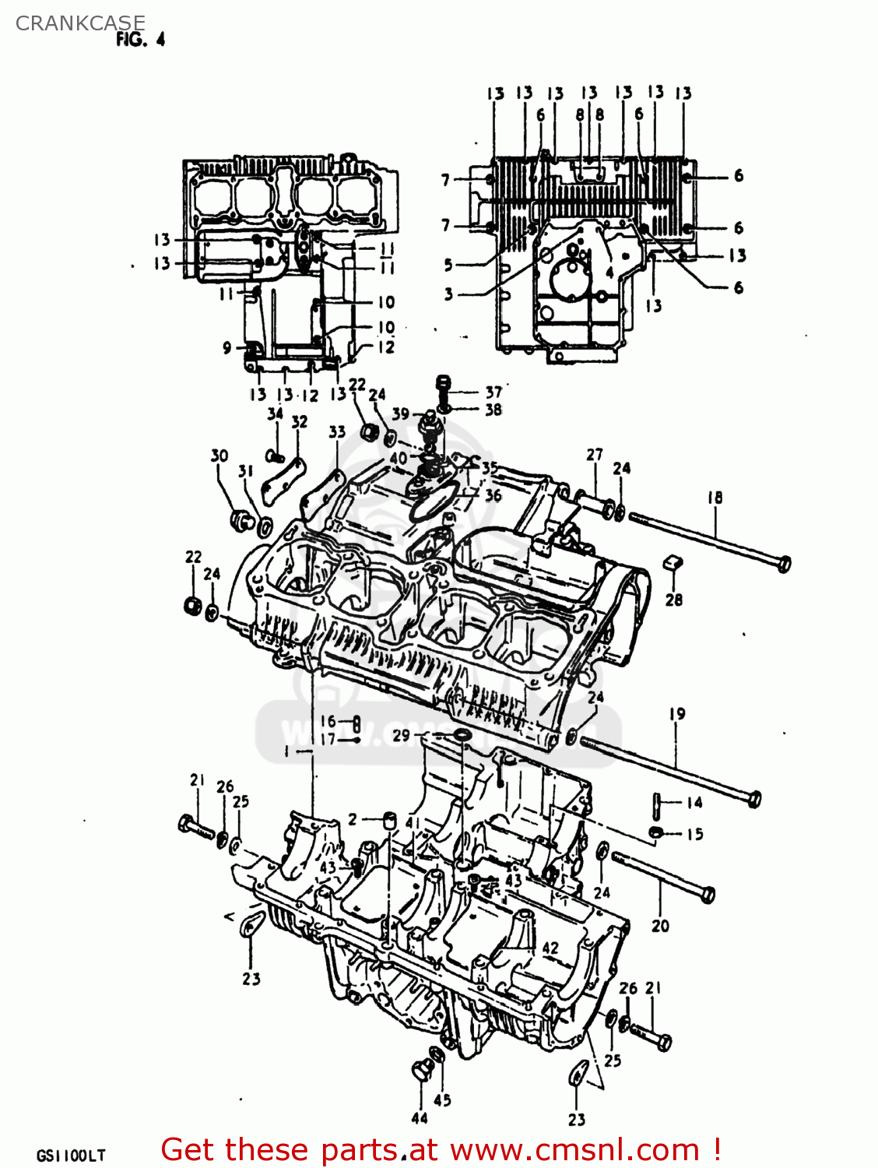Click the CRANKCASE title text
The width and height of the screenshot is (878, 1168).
tap(80, 23)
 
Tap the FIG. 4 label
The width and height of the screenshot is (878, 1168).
tap(140, 40)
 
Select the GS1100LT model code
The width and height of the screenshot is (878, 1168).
tap(70, 1155)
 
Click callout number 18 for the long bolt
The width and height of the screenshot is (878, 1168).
tap(715, 497)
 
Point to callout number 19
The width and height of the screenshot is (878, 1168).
tap(676, 714)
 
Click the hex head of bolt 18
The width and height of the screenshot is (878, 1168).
tap(784, 563)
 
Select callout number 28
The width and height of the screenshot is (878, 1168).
tap(673, 600)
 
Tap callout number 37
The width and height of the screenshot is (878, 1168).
tap(493, 392)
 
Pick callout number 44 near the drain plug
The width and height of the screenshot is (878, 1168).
tap(419, 1118)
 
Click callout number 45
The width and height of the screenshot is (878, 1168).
tap(442, 1099)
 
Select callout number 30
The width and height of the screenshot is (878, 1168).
tap(219, 456)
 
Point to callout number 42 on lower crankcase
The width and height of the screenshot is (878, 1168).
tap(550, 948)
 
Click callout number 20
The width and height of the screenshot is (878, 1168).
tap(660, 926)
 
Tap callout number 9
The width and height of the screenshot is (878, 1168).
tap(227, 347)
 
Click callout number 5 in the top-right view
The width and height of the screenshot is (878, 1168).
tap(448, 265)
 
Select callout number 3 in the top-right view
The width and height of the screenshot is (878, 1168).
tap(448, 294)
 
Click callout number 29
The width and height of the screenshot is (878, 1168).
tap(401, 736)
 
